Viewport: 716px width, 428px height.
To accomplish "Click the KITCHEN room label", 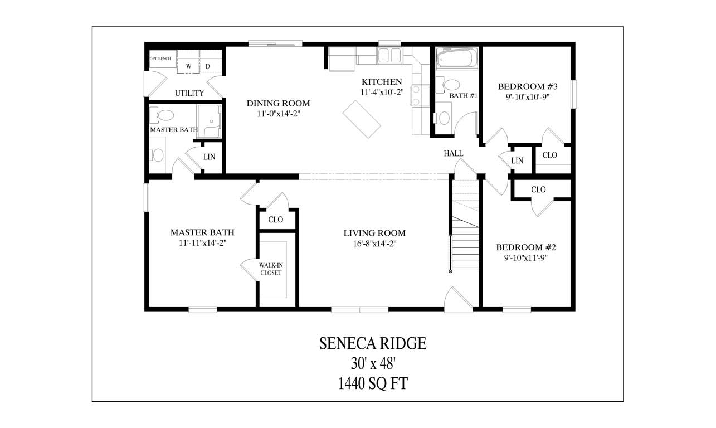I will pyautogui.click(x=381, y=81).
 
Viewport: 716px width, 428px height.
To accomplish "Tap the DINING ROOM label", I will pyautogui.click(x=278, y=103).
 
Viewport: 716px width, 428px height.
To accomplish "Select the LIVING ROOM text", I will pyautogui.click(x=374, y=233).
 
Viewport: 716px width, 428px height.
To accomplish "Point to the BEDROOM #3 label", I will pyautogui.click(x=527, y=86).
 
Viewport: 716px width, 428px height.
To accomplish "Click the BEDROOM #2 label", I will pyautogui.click(x=526, y=247).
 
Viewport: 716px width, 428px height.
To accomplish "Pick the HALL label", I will pyautogui.click(x=453, y=153).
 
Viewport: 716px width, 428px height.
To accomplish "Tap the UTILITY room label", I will pyautogui.click(x=189, y=93).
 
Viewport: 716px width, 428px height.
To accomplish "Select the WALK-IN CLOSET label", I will pyautogui.click(x=270, y=269).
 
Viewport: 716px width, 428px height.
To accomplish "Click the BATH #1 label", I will pyautogui.click(x=464, y=96).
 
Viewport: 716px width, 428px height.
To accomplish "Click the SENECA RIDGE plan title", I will pyautogui.click(x=373, y=343).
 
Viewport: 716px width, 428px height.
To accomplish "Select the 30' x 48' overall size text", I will pyautogui.click(x=373, y=363).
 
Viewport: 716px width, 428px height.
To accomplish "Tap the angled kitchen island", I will pyautogui.click(x=362, y=118).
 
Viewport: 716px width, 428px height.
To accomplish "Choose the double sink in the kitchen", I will pyautogui.click(x=389, y=56).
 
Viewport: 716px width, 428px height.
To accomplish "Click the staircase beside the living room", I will pyautogui.click(x=464, y=234).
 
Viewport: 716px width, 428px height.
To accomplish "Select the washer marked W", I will pyautogui.click(x=188, y=66).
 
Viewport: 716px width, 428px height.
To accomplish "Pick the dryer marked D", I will pyautogui.click(x=208, y=66).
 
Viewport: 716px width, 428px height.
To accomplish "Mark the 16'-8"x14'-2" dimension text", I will pyautogui.click(x=374, y=244).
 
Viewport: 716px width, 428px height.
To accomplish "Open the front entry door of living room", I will pyautogui.click(x=458, y=298).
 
